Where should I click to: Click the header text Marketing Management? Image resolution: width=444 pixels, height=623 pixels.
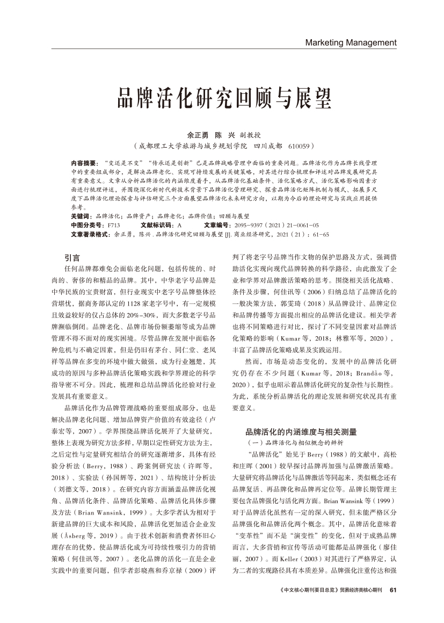coord(351,42)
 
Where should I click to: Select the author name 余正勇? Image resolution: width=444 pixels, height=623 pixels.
coord(197,135)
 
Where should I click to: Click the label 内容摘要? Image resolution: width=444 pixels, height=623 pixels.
coord(84,162)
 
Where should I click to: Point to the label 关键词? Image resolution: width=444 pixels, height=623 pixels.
coord(81,215)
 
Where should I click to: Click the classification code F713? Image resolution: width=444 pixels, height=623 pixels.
coord(114,225)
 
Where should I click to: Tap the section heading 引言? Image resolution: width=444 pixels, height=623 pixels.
coord(72,257)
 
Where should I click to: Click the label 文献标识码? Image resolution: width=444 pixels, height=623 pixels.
coord(157,225)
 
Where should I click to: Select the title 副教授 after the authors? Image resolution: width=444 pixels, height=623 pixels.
coord(251,135)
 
